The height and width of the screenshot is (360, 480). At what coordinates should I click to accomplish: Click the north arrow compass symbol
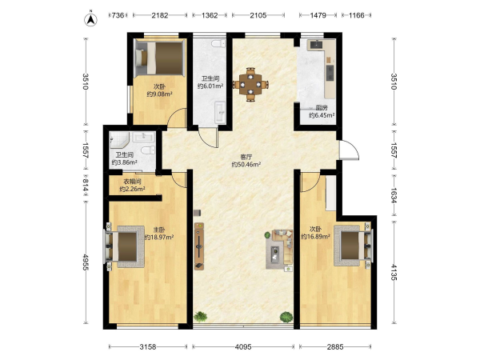pyautogui.click(x=90, y=19)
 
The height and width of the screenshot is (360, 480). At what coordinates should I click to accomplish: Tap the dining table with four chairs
pyautogui.click(x=250, y=84)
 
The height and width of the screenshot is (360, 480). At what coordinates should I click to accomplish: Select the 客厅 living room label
pyautogui.click(x=246, y=157)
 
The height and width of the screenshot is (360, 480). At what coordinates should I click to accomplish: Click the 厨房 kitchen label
pyautogui.click(x=322, y=108)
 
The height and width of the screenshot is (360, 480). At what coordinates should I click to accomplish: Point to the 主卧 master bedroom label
pyautogui.click(x=159, y=230)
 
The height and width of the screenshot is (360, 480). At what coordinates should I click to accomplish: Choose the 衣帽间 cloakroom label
pyautogui.click(x=132, y=182)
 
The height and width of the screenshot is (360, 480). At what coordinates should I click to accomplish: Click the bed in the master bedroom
pyautogui.click(x=124, y=246)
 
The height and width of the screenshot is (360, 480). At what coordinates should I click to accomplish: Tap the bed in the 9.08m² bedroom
pyautogui.click(x=160, y=58)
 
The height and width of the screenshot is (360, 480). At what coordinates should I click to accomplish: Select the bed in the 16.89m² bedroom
pyautogui.click(x=354, y=246)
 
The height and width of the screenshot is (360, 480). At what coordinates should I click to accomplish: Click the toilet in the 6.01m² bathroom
pyautogui.click(x=218, y=43)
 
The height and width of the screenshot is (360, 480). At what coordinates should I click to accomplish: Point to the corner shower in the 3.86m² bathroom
pyautogui.click(x=119, y=139)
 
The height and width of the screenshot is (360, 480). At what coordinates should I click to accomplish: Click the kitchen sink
pyautogui.click(x=316, y=45)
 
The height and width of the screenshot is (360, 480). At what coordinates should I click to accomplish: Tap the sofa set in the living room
pyautogui.click(x=279, y=249)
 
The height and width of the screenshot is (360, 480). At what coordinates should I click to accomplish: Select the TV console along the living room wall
pyautogui.click(x=199, y=246)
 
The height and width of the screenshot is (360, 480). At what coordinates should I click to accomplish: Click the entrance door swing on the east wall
pyautogui.click(x=349, y=150)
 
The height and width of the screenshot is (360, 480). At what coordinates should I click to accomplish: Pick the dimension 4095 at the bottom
pyautogui.click(x=243, y=347)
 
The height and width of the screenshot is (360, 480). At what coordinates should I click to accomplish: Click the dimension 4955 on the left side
pyautogui.click(x=86, y=262)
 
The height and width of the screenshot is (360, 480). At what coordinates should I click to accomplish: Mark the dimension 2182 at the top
pyautogui.click(x=160, y=15)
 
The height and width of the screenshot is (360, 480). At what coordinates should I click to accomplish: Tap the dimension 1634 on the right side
pyautogui.click(x=394, y=195)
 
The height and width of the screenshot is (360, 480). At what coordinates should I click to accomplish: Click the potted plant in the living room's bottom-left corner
pyautogui.click(x=201, y=316)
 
